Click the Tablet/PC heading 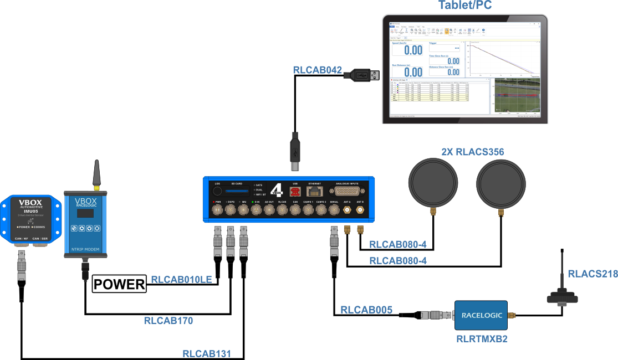(464, 6)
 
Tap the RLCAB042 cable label (317, 70)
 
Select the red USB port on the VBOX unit (295, 191)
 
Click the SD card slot (237, 191)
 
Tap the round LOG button (218, 192)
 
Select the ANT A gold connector (347, 210)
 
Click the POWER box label (119, 285)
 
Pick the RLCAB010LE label (181, 280)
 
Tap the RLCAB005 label (366, 310)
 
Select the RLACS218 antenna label (592, 274)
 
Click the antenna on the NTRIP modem (96, 173)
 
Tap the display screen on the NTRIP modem (85, 213)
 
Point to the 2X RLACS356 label (473, 152)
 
